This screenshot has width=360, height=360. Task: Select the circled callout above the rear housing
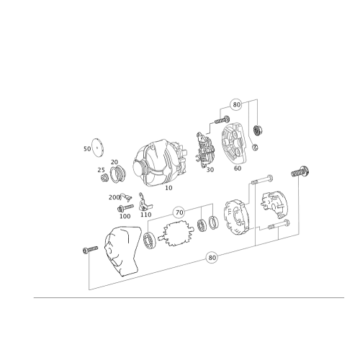(x=235, y=105)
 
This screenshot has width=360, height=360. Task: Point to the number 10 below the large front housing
(x=169, y=188)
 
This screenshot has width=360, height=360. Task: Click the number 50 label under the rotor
(x=210, y=171)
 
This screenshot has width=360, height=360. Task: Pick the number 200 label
(x=114, y=197)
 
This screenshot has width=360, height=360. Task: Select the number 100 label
(x=125, y=215)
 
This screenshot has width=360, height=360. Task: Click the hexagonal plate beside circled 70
(x=177, y=234)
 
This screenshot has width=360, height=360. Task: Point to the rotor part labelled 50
(x=204, y=151)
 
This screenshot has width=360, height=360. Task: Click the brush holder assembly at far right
(x=275, y=209)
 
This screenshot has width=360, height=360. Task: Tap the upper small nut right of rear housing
(x=257, y=130)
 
